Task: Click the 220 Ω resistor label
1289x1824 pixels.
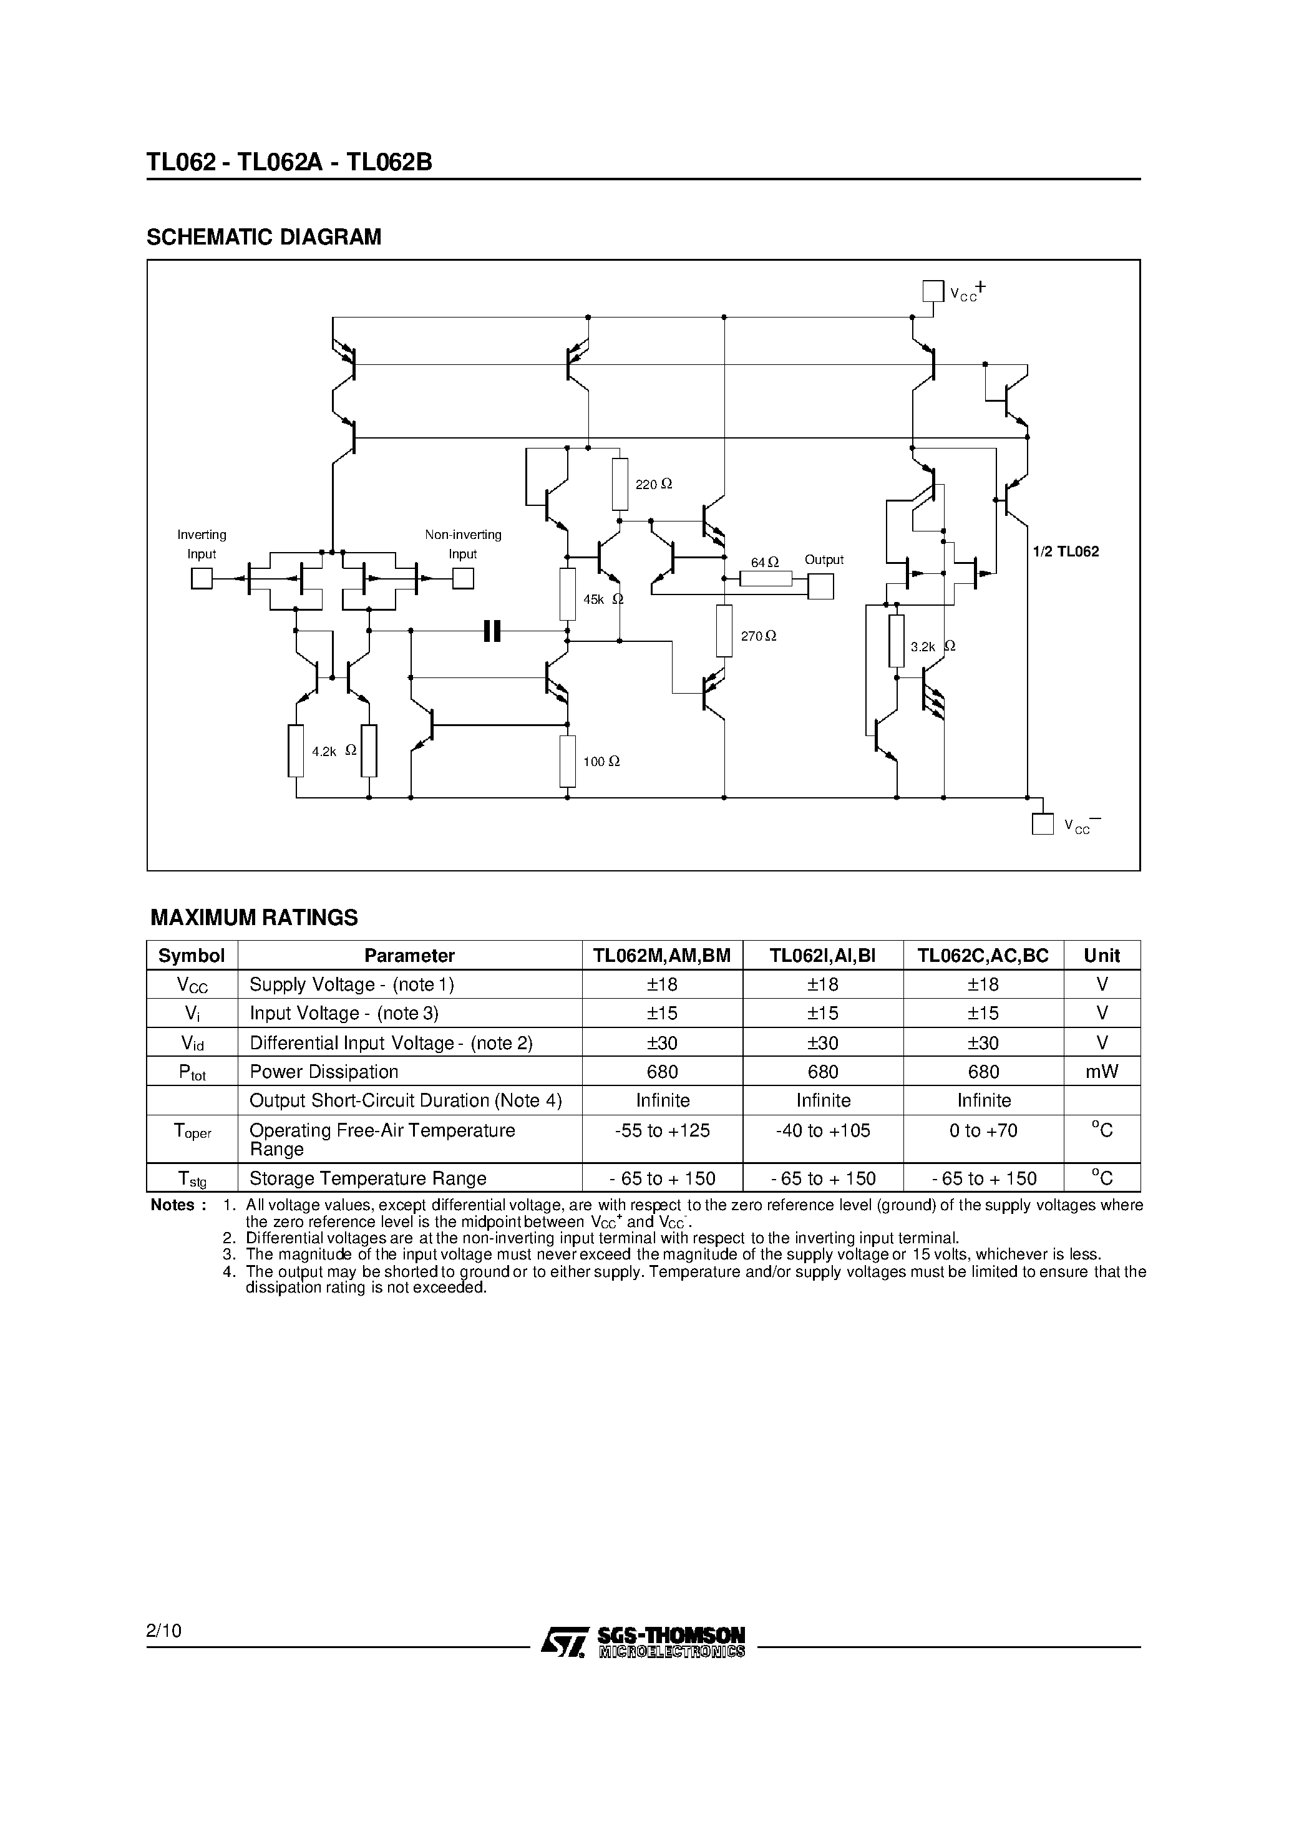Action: pyautogui.click(x=654, y=484)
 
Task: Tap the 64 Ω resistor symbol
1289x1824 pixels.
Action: pyautogui.click(x=766, y=579)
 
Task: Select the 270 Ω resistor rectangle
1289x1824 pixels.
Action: pyautogui.click(x=724, y=631)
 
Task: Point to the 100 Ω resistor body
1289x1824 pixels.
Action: pyautogui.click(x=567, y=761)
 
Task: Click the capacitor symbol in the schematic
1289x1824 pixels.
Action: pyautogui.click(x=492, y=631)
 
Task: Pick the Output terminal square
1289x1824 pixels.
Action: pyautogui.click(x=821, y=586)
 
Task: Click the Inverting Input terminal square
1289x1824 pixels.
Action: pyautogui.click(x=202, y=578)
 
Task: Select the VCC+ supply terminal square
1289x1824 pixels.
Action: pyautogui.click(x=933, y=291)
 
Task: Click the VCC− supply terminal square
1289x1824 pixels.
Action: pyautogui.click(x=1042, y=824)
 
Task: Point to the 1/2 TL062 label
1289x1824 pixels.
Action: pyautogui.click(x=1066, y=551)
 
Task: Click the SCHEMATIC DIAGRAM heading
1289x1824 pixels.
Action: pyautogui.click(x=264, y=237)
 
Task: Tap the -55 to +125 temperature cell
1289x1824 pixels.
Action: pyautogui.click(x=662, y=1130)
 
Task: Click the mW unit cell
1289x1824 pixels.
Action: pyautogui.click(x=1101, y=1072)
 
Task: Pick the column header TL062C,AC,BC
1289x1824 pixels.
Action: pyautogui.click(x=983, y=956)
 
